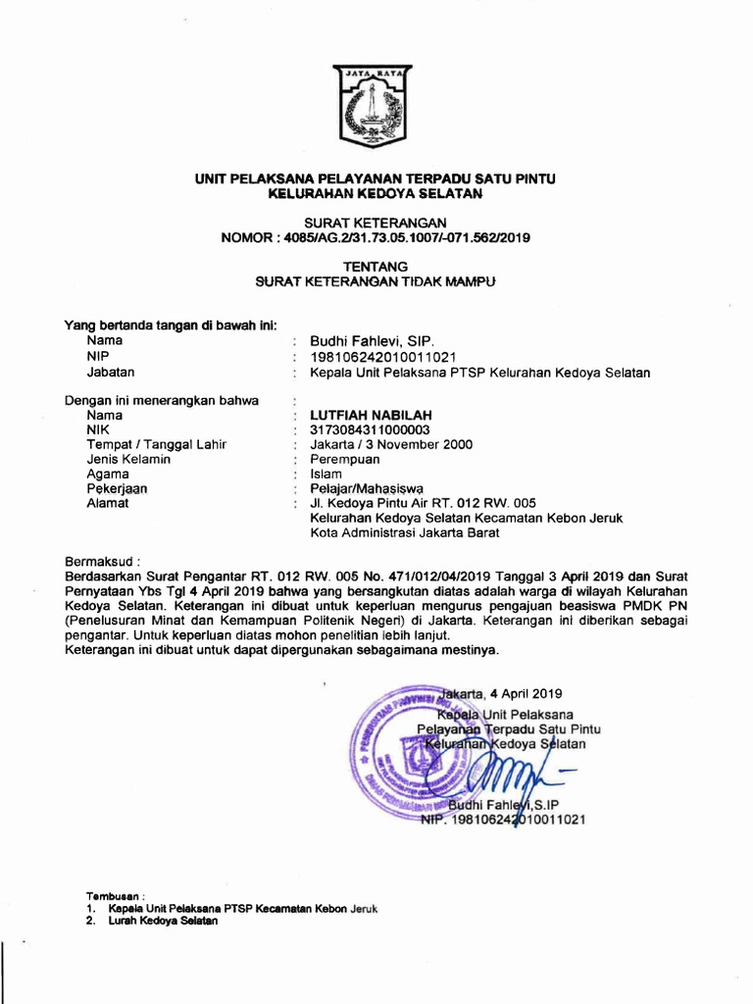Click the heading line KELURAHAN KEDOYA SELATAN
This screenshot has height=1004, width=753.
tap(376, 194)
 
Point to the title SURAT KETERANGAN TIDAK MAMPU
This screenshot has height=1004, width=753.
tap(376, 281)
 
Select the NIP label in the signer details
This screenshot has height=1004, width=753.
tap(97, 356)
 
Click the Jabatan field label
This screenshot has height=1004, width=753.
tap(110, 372)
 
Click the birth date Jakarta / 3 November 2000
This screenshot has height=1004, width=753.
tap(391, 444)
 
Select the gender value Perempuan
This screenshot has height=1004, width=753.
tap(345, 459)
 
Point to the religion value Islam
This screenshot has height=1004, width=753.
tap(326, 474)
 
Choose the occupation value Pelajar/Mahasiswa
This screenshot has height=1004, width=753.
tap(366, 488)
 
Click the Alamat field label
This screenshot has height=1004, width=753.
tap(107, 503)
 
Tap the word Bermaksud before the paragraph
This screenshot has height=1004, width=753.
tap(102, 562)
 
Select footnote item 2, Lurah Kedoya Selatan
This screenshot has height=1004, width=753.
tap(150, 922)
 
